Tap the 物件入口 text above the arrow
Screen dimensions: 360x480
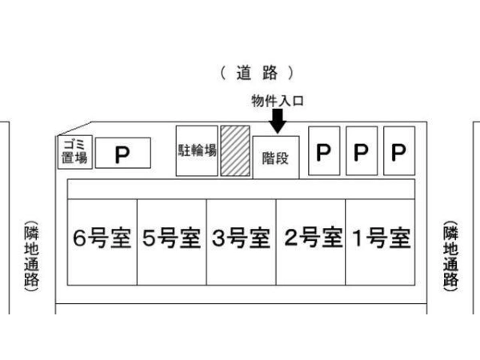coord(278,101)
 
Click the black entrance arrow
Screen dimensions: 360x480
coord(278,121)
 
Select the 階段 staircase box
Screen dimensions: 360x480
coord(276,157)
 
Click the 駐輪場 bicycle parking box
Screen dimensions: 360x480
coord(197,150)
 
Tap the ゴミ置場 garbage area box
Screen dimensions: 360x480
coord(77,151)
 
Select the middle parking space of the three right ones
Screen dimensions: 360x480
coord(361,150)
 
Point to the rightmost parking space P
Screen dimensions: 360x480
coord(398,150)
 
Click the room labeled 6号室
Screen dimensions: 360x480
coord(102,240)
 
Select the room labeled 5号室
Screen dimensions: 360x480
coord(171,240)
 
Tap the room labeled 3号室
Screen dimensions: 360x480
coord(241,240)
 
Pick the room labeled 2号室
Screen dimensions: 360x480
coord(310,240)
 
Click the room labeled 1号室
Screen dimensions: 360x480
coord(380,240)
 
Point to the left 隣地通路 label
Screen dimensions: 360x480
coord(31,254)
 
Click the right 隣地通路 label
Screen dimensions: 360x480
coord(451,254)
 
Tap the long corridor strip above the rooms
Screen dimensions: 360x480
coord(240,189)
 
